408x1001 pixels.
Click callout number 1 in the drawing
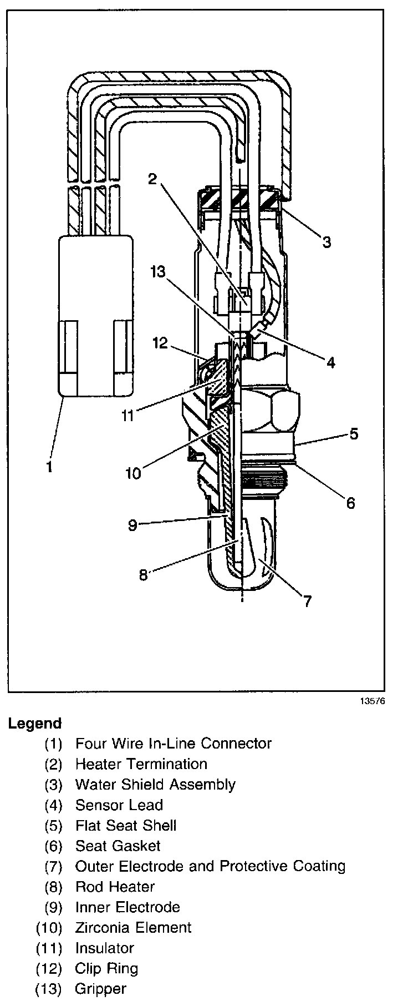pyautogui.click(x=50, y=467)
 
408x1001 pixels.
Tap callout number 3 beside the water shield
pyautogui.click(x=327, y=242)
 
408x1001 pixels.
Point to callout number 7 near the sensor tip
pyautogui.click(x=307, y=601)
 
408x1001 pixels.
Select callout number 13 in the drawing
pyautogui.click(x=158, y=272)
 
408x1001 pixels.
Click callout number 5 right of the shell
pyautogui.click(x=354, y=433)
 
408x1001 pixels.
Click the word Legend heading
pyautogui.click(x=34, y=724)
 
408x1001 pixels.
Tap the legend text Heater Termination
pyautogui.click(x=141, y=764)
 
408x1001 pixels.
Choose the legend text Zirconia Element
pyautogui.click(x=133, y=928)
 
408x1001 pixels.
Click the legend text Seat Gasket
pyautogui.click(x=118, y=846)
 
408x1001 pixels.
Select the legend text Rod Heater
pyautogui.click(x=115, y=887)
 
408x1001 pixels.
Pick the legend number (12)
pyautogui.click(x=48, y=969)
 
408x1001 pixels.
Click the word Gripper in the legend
pyautogui.click(x=101, y=989)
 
